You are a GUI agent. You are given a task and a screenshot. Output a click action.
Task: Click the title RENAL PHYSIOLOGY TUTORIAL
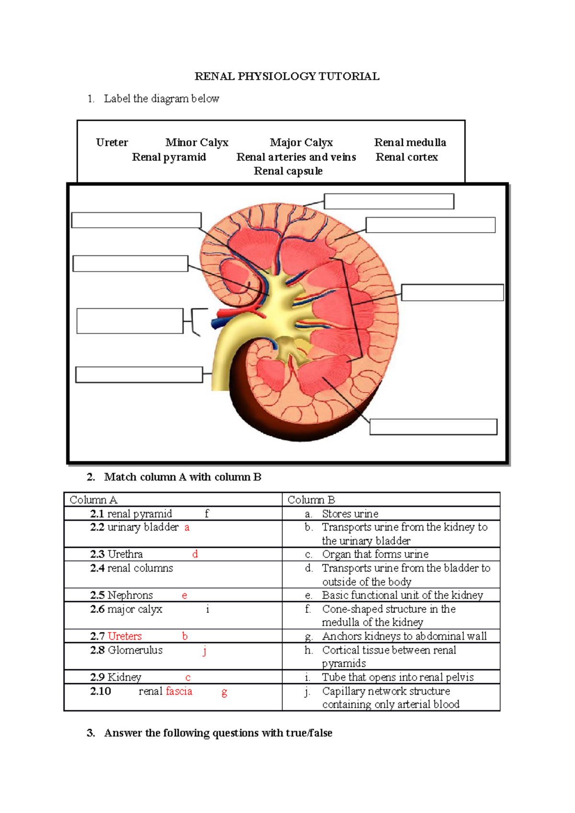click(x=287, y=77)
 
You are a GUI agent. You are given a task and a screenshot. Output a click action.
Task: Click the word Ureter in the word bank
click(x=112, y=143)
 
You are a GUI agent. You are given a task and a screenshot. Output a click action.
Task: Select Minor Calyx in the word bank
click(x=196, y=143)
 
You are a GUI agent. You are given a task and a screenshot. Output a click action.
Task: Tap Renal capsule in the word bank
click(x=288, y=171)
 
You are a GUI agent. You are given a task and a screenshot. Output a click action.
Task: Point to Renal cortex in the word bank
click(x=406, y=157)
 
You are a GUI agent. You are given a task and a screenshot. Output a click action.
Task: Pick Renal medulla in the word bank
click(x=410, y=143)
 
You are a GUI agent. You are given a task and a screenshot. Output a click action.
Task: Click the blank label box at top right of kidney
click(x=389, y=202)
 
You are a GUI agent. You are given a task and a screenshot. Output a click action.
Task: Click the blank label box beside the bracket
click(x=129, y=321)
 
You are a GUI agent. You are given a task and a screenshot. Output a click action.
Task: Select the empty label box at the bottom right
click(x=433, y=427)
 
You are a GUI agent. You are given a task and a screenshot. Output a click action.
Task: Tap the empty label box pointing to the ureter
click(x=139, y=375)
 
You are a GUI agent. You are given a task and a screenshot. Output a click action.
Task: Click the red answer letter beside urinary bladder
click(x=187, y=528)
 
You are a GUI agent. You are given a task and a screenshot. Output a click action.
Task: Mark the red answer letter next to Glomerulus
click(x=205, y=651)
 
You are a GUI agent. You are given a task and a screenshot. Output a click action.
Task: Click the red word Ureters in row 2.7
click(x=125, y=636)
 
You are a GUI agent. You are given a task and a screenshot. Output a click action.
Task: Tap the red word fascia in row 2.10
click(x=179, y=691)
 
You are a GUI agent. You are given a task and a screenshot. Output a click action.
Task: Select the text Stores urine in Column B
click(x=350, y=514)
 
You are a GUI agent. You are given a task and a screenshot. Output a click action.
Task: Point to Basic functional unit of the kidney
click(x=402, y=595)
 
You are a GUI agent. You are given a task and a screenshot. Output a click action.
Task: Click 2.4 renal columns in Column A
click(x=131, y=568)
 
